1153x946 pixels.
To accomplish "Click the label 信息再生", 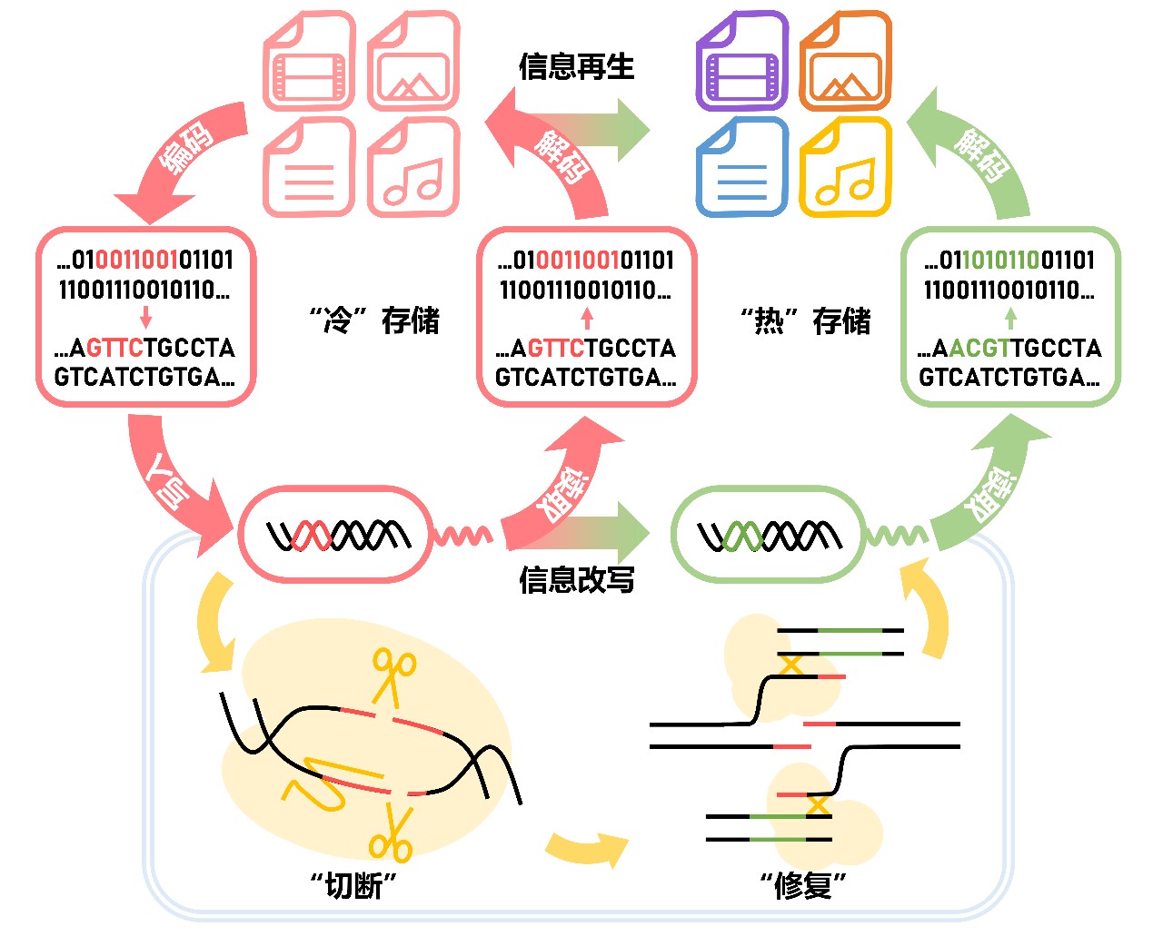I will (576, 66).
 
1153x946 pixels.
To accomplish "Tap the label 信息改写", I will (576, 579).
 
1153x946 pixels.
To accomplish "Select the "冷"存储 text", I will (373, 320).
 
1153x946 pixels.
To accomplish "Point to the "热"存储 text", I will (805, 320).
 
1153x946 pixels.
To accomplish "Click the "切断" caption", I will (354, 884).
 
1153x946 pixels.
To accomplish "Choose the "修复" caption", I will (803, 884).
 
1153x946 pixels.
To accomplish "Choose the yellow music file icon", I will (845, 168).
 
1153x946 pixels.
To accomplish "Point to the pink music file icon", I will (413, 168).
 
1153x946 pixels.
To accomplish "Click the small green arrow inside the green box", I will (1010, 318).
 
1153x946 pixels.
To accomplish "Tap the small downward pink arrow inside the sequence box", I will (145, 318).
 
